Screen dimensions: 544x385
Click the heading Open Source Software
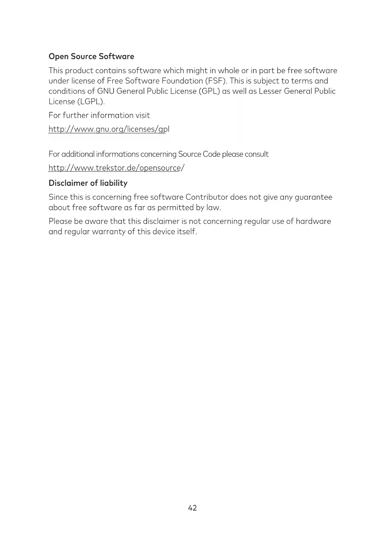(91, 56)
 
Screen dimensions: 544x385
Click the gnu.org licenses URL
(109, 129)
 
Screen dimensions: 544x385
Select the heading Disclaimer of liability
(88, 183)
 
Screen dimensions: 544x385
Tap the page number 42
(192, 508)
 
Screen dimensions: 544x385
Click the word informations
(118, 154)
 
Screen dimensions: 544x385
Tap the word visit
(142, 115)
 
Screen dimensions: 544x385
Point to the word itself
(187, 232)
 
